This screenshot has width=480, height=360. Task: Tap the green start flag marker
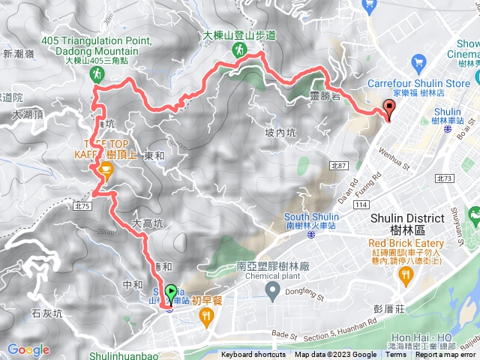click(x=171, y=294)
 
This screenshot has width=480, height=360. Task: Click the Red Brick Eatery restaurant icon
click(x=406, y=275)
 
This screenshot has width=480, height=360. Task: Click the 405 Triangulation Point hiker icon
click(x=97, y=73)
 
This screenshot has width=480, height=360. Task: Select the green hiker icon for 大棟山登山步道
click(x=238, y=50)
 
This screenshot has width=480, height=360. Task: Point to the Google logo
click(x=28, y=349)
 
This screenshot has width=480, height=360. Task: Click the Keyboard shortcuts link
click(x=254, y=355)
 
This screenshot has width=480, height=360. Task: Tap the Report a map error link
click(x=447, y=355)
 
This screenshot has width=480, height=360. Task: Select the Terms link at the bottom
click(x=395, y=355)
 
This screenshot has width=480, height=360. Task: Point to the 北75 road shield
click(x=82, y=205)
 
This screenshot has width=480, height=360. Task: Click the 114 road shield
click(x=364, y=204)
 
